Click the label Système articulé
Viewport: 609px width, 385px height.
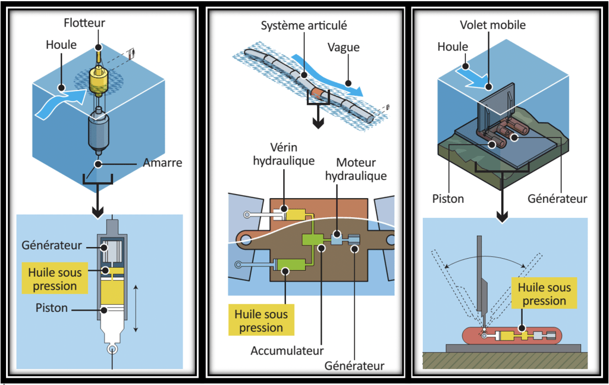[x=304, y=26]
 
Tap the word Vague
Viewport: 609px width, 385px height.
[x=343, y=47]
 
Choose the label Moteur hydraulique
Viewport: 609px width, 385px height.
[x=361, y=168]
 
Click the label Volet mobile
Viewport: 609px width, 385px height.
[x=492, y=25]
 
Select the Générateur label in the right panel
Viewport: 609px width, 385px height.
[x=557, y=198]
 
